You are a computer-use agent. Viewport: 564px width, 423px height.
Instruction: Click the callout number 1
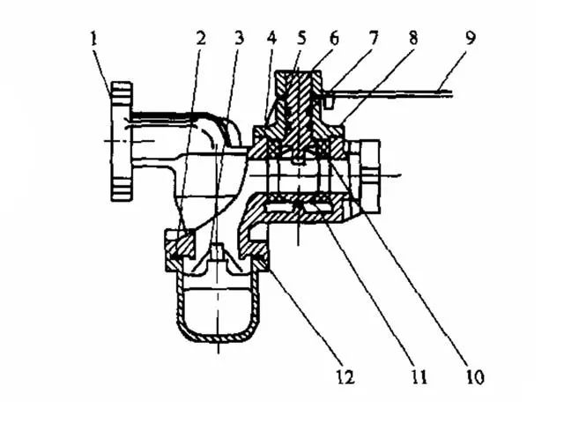pyautogui.click(x=94, y=39)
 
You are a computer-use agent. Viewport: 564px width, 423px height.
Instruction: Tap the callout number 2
pyautogui.click(x=201, y=39)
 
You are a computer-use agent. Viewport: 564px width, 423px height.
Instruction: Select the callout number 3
pyautogui.click(x=239, y=39)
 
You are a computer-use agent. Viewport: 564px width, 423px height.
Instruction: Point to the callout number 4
pyautogui.click(x=272, y=39)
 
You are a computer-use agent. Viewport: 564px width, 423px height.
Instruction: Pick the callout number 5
pyautogui.click(x=301, y=38)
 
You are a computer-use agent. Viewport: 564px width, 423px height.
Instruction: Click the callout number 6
pyautogui.click(x=334, y=39)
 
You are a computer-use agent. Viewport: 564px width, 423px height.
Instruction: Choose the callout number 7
pyautogui.click(x=374, y=38)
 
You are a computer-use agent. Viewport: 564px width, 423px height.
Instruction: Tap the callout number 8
pyautogui.click(x=413, y=38)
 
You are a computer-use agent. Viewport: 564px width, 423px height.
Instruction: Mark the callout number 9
pyautogui.click(x=471, y=38)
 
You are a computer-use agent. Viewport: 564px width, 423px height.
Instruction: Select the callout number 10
pyautogui.click(x=475, y=376)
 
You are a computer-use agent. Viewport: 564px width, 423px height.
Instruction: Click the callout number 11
pyautogui.click(x=419, y=377)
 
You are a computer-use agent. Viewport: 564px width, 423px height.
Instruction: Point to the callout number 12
pyautogui.click(x=345, y=376)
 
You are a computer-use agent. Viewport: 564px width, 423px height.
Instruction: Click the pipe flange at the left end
pyautogui.click(x=122, y=141)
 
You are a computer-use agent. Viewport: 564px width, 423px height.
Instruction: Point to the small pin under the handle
pyautogui.click(x=328, y=102)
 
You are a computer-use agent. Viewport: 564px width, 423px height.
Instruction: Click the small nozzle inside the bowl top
pyautogui.click(x=218, y=251)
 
